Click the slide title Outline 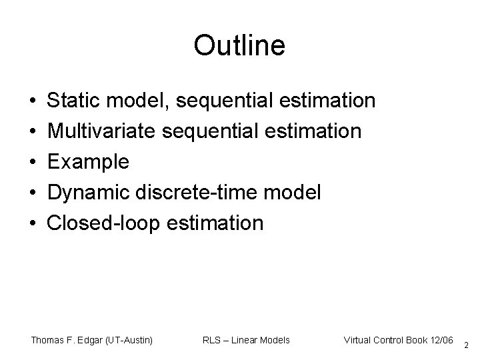click(x=239, y=46)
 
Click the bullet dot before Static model click(x=33, y=101)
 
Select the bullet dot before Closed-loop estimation click(x=33, y=223)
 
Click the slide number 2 click(x=466, y=345)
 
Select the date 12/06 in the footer click(x=440, y=340)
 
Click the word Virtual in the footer click(x=359, y=340)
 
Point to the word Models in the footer click(x=273, y=340)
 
